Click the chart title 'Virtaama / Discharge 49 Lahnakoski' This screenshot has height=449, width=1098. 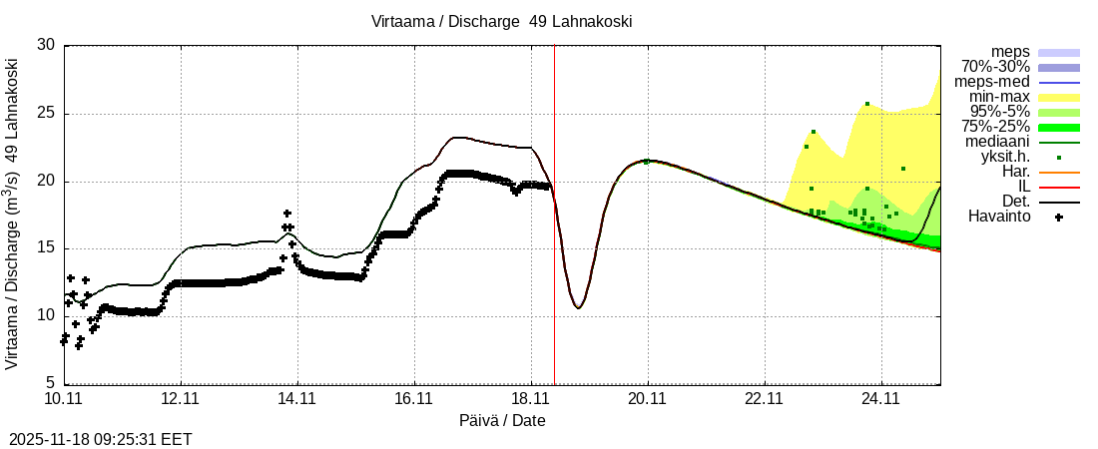coord(502,21)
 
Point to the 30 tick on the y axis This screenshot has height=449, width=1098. coord(46,45)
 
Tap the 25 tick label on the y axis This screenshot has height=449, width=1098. coord(46,114)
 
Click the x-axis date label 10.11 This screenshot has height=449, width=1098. coord(63,399)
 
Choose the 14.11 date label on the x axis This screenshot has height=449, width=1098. coord(296,399)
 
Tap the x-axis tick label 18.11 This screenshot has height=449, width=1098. coord(530,399)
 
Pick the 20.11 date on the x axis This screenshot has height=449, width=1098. coord(647,399)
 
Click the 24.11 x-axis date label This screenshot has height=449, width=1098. coord(880,399)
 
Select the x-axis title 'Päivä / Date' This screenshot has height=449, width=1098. coord(502,420)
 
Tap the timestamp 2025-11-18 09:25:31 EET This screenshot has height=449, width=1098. coord(100,438)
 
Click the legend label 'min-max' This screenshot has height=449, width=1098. coord(999,97)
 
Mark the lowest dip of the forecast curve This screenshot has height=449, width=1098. coord(578,307)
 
